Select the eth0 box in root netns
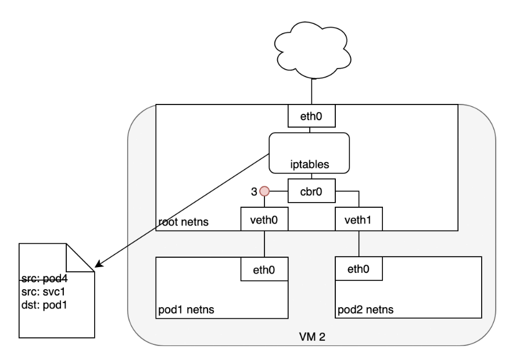[313, 116]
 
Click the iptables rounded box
[309, 153]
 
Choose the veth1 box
[359, 220]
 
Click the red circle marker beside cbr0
[265, 190]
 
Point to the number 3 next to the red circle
[254, 190]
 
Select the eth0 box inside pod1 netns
[265, 269]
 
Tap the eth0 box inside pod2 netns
[359, 269]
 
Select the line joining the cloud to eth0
[312, 88]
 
